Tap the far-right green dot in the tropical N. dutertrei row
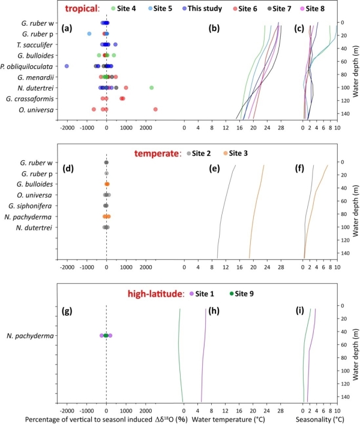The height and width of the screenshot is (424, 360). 151,88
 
